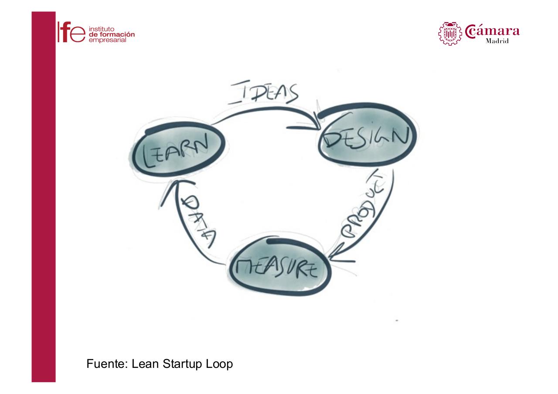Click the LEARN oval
pos(179,149)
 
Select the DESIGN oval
pos(367,135)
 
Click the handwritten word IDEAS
pos(263,92)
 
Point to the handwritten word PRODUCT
pos(363,205)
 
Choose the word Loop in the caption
pos(219,364)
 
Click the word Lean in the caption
pos(145,364)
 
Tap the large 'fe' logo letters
pos(72,32)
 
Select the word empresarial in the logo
pos(107,40)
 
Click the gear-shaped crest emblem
pos(449,34)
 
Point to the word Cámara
pos(492,31)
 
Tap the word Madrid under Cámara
pos(497,41)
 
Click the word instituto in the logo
pos(102,29)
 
